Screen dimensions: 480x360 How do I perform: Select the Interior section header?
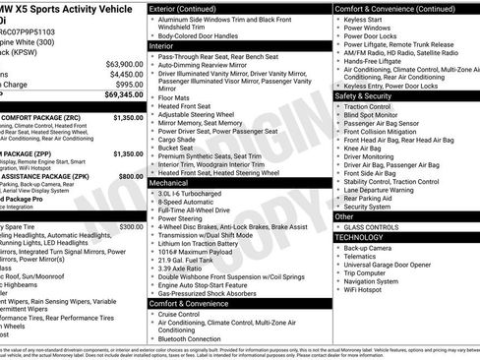tap(161, 45)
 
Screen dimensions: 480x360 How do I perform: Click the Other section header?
tap(344, 216)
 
